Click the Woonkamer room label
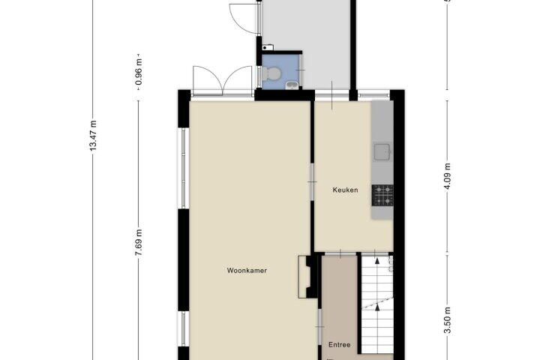click(x=247, y=271)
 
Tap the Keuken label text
click(x=345, y=190)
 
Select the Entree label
click(x=339, y=344)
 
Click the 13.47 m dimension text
click(x=93, y=136)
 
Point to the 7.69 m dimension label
click(x=139, y=242)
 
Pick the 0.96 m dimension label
click(x=139, y=72)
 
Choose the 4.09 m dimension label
click(x=447, y=176)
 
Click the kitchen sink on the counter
click(x=382, y=152)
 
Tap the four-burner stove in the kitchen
click(x=382, y=195)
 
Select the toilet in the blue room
click(x=271, y=73)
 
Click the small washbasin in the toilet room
click(x=292, y=84)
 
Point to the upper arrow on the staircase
click(x=377, y=260)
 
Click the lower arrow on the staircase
click(x=377, y=307)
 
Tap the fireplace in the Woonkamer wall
click(x=307, y=277)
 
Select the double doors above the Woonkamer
click(x=223, y=80)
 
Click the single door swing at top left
click(x=244, y=18)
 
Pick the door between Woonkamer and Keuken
click(x=312, y=181)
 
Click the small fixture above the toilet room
click(x=268, y=47)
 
